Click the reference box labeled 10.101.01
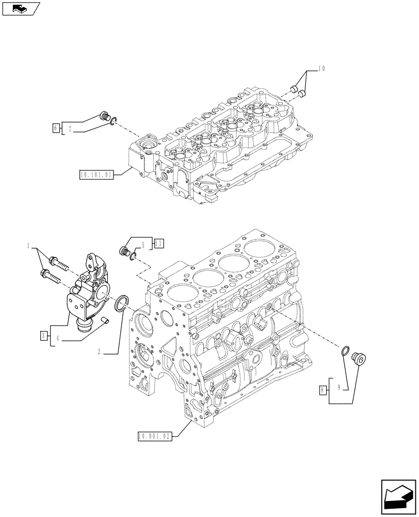coord(96,174)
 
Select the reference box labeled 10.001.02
coord(154,437)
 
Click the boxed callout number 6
coord(55,126)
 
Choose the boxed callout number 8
coord(323,390)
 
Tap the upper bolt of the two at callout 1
coord(58,263)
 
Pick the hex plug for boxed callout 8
coord(357,357)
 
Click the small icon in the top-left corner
coord(21,8)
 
